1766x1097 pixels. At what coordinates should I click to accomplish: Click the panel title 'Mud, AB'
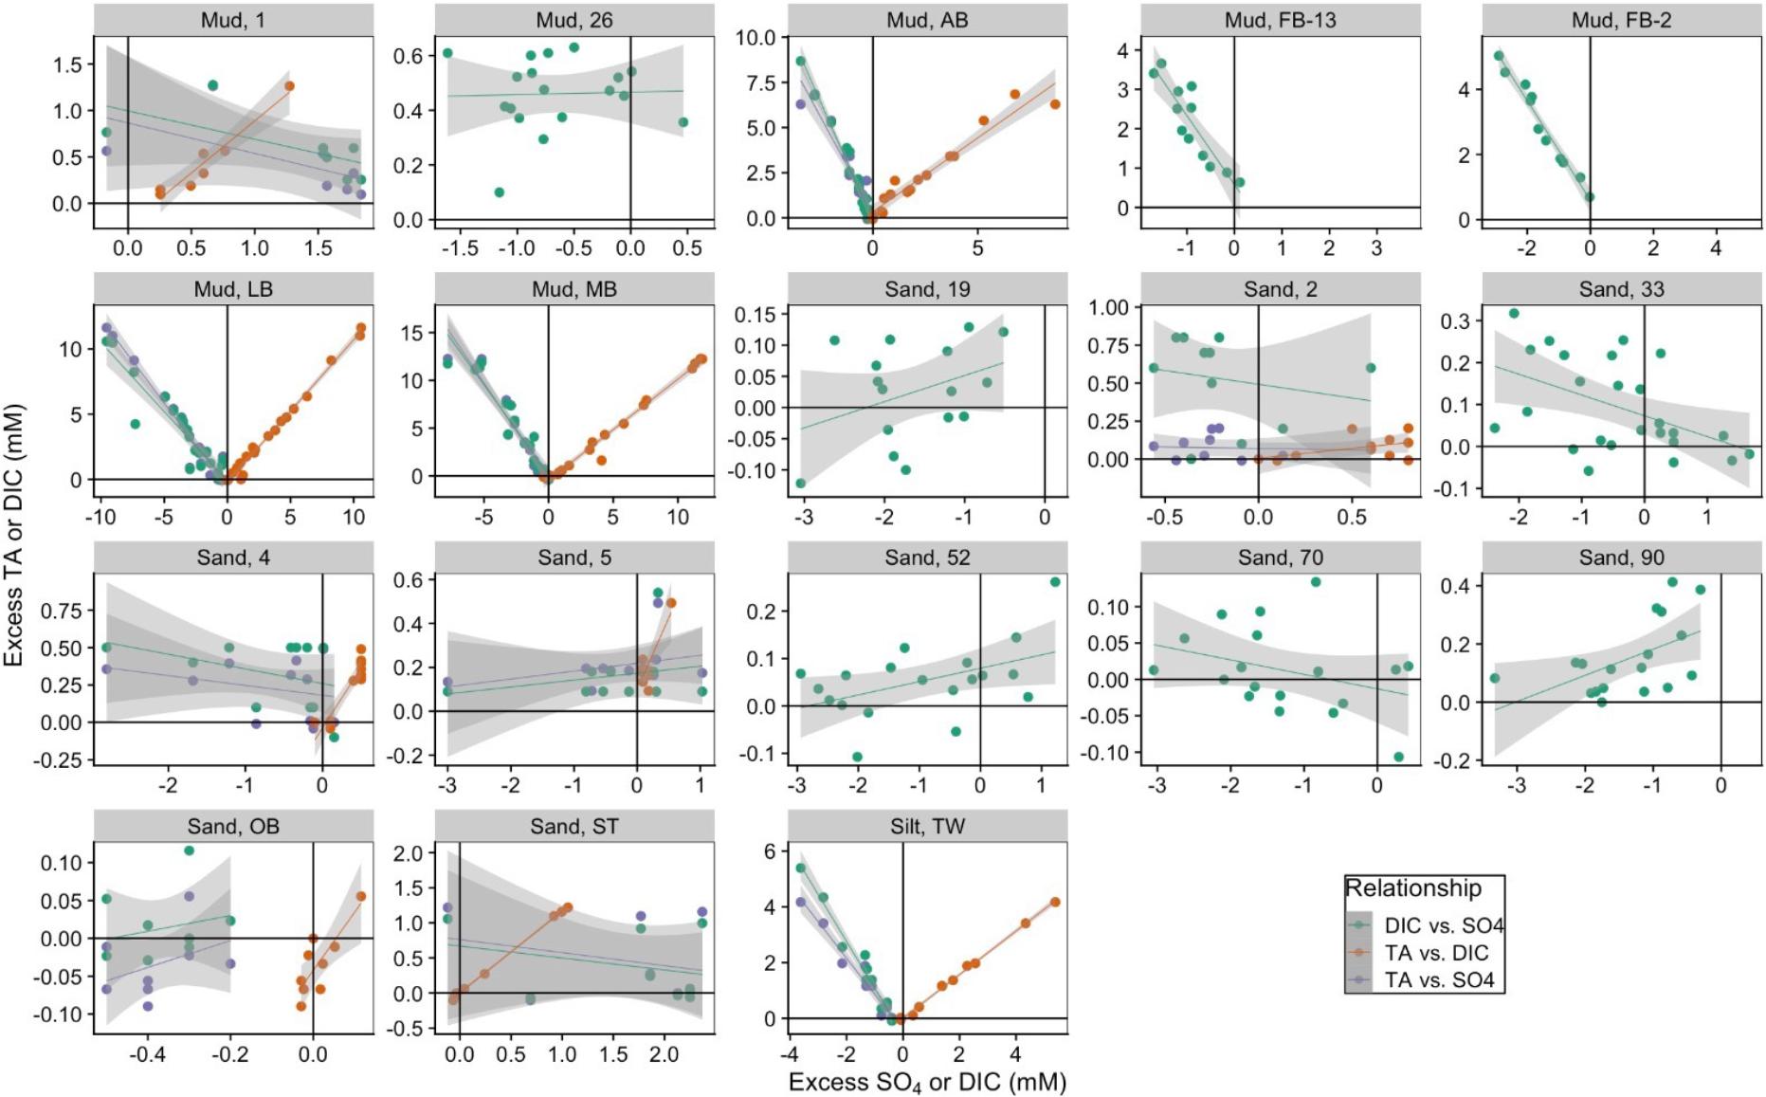(927, 20)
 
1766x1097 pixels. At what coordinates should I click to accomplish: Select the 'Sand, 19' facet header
(927, 289)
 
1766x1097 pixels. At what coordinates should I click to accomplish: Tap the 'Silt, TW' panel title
(927, 826)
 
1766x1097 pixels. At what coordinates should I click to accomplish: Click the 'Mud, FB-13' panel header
(1280, 20)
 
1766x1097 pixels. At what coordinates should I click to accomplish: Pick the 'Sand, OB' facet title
(233, 826)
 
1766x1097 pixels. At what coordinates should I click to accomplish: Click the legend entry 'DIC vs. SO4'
(1444, 925)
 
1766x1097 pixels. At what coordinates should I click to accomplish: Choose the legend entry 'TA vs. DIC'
(1436, 953)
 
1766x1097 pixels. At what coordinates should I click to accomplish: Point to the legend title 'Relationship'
(1412, 888)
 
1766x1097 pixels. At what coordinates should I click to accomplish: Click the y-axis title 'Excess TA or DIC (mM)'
(13, 536)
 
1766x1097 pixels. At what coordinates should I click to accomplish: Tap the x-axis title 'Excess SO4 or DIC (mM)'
(927, 1082)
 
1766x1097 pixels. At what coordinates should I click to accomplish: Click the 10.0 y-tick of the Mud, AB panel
(756, 38)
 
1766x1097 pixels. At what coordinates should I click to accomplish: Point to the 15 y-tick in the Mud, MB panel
(411, 333)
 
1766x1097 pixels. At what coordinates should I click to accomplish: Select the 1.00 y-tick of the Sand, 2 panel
(1109, 307)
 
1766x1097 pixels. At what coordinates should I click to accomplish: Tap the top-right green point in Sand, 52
(1055, 582)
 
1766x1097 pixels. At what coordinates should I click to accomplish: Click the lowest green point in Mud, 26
(499, 192)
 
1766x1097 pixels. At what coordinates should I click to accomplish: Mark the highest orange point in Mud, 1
(289, 86)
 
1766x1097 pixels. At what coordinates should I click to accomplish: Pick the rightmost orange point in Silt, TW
(1055, 902)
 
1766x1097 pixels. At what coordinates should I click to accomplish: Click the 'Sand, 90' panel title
(1621, 558)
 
